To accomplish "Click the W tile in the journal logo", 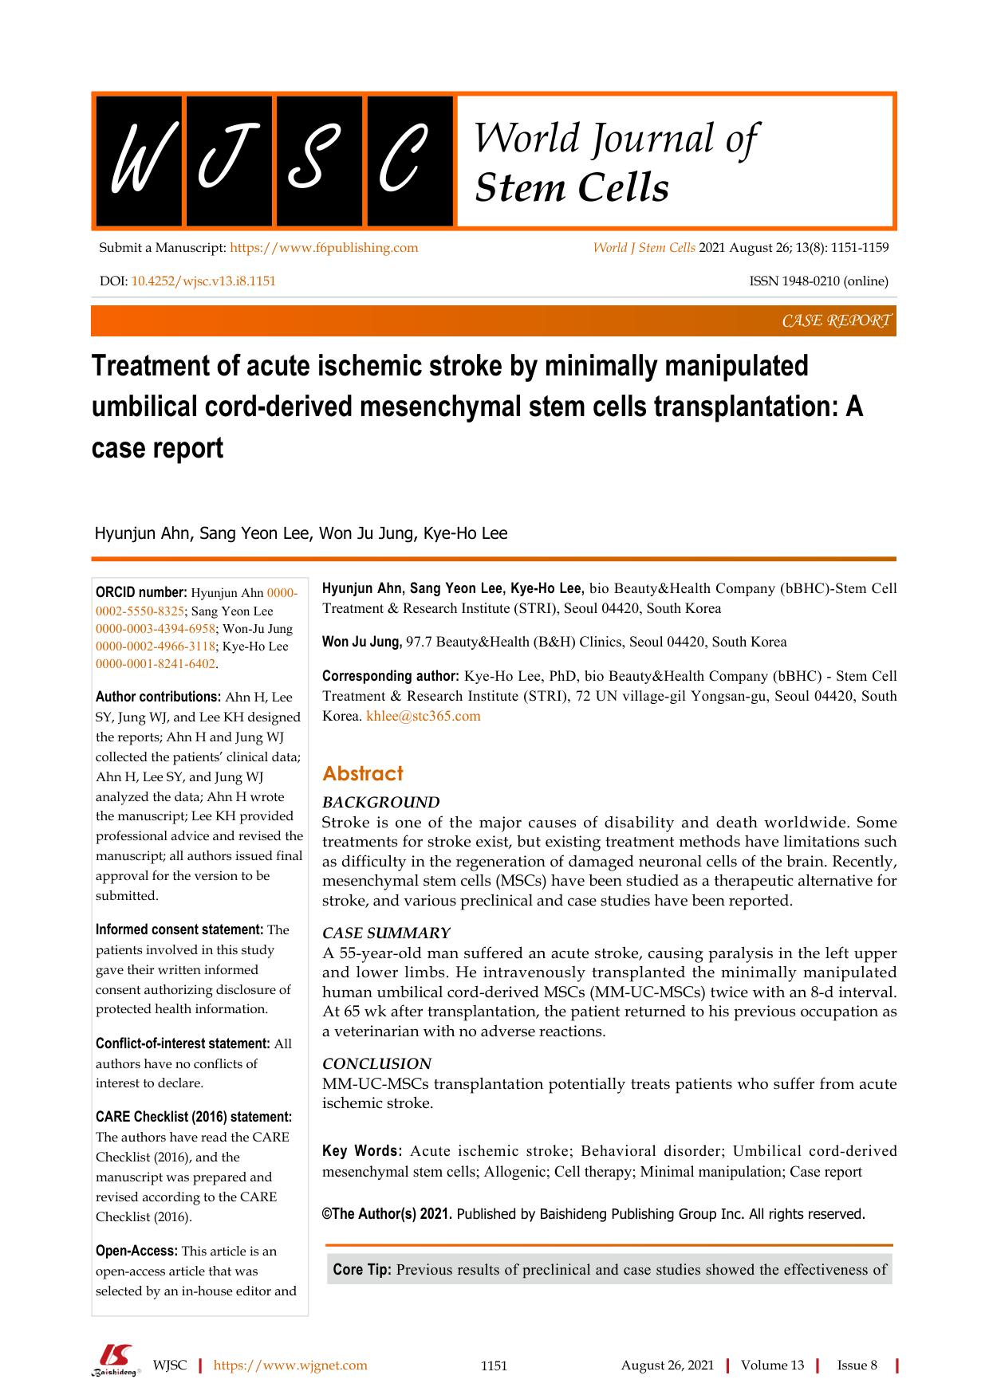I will [x=137, y=161].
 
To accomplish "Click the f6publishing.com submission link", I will [x=324, y=248].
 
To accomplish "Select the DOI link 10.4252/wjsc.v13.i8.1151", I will [x=203, y=281].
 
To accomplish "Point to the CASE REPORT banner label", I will [x=835, y=321].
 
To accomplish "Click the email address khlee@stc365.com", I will [x=423, y=716].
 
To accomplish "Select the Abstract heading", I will [x=362, y=773].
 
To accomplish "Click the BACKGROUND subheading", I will [x=380, y=803].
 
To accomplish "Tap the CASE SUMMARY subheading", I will [x=386, y=933].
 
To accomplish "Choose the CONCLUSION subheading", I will [x=376, y=1064].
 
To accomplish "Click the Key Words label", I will [x=361, y=1151].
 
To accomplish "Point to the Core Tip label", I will [x=361, y=1270].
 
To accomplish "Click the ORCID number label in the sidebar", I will [x=141, y=592].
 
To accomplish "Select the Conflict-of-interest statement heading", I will [x=183, y=1043].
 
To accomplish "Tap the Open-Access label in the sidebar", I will [x=136, y=1251].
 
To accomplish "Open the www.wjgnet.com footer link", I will [x=290, y=1366].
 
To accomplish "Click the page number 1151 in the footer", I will [x=494, y=1366].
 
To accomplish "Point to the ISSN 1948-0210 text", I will [x=818, y=281].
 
